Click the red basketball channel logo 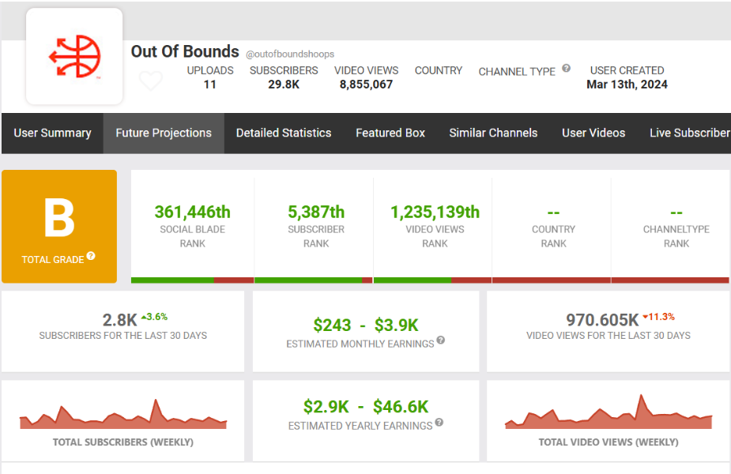[74, 57]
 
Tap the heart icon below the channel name [150, 81]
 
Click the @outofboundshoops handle [290, 55]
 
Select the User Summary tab [52, 133]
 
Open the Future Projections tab [164, 133]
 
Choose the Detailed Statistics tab [284, 133]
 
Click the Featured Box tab [390, 133]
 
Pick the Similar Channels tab [493, 133]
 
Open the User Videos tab [593, 133]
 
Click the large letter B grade [59, 219]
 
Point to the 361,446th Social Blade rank [192, 212]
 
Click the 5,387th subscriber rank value [316, 212]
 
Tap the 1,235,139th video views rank [435, 212]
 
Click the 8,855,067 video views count [366, 85]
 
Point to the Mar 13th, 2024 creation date [627, 85]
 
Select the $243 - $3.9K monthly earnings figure [365, 325]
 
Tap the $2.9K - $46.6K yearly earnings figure [365, 406]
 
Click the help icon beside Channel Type [567, 69]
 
